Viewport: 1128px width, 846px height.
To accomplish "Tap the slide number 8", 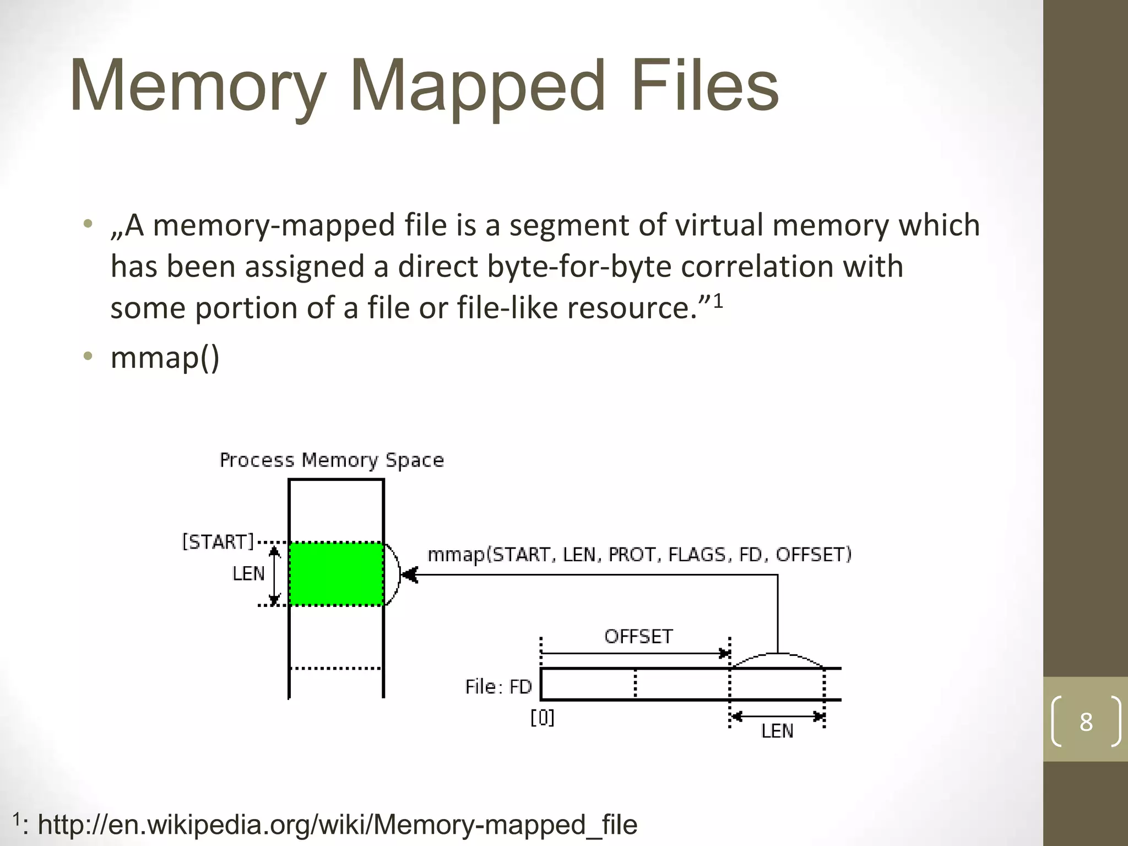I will (x=1086, y=722).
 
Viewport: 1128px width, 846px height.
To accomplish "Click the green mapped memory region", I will (x=336, y=574).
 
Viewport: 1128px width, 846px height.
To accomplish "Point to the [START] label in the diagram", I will (x=218, y=542).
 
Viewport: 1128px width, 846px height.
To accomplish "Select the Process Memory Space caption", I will (x=332, y=460).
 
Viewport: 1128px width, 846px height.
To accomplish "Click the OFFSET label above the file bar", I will (x=638, y=637).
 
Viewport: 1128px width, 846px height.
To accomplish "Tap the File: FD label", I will (x=498, y=687).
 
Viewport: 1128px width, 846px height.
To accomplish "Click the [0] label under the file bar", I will (x=543, y=718).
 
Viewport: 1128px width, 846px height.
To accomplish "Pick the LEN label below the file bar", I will (x=777, y=731).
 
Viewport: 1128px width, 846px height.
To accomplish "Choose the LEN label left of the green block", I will (x=248, y=574).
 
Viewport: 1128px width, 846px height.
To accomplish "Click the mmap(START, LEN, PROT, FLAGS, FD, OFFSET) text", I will (x=639, y=555).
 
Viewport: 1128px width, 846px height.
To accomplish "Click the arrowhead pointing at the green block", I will (x=409, y=576).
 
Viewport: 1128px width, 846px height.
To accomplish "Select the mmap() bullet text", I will (x=165, y=357).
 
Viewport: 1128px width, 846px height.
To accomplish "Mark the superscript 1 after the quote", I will (x=718, y=300).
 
